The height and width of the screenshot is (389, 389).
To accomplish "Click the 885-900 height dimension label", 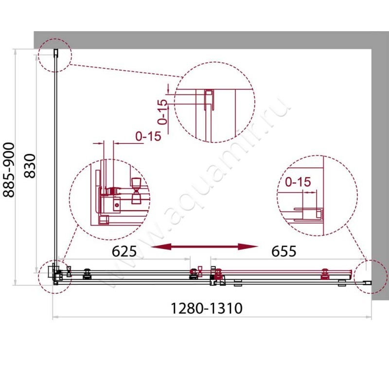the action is pyautogui.click(x=9, y=170).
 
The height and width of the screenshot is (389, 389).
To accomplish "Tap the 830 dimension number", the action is pyautogui.click(x=30, y=166).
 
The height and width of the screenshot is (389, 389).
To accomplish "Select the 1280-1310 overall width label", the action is pyautogui.click(x=206, y=308).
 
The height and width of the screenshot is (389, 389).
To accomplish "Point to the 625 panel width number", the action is pyautogui.click(x=124, y=251).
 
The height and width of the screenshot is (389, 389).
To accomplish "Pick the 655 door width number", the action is pyautogui.click(x=283, y=251).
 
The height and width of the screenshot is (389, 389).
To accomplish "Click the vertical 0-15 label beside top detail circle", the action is pyautogui.click(x=163, y=112).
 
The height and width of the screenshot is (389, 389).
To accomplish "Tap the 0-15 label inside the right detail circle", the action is pyautogui.click(x=298, y=182).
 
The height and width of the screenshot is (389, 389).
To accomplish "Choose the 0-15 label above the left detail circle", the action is pyautogui.click(x=148, y=136).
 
